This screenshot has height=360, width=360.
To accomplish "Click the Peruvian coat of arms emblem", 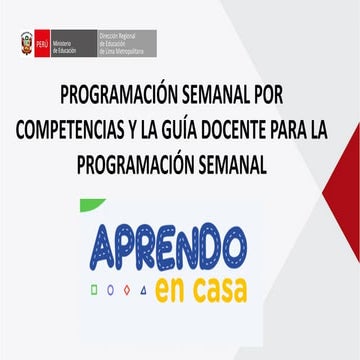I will point(26,44).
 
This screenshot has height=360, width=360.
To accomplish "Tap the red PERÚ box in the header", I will point(41,44).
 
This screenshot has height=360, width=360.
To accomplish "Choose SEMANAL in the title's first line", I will point(211,99).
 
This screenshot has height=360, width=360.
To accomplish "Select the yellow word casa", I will point(212,290).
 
